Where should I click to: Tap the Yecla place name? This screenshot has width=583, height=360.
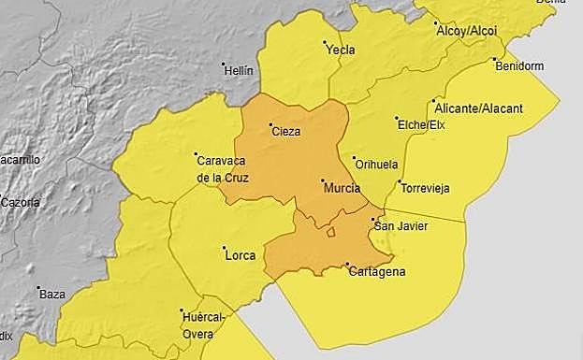tap(341, 50)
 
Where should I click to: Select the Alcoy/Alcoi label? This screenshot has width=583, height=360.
tap(467, 30)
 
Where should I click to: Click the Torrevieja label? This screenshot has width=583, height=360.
tap(425, 188)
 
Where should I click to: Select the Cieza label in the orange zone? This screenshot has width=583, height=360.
tap(285, 132)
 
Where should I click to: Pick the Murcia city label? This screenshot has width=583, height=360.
tap(342, 188)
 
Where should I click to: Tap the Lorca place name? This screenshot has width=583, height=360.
tap(240, 253)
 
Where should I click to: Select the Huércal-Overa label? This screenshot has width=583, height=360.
tap(202, 325)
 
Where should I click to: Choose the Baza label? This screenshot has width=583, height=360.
tap(52, 294)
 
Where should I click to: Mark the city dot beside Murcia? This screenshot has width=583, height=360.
tap(322, 180)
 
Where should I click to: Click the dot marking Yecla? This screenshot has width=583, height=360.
tap(325, 42)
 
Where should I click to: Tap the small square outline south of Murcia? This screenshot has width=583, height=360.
tap(330, 233)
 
